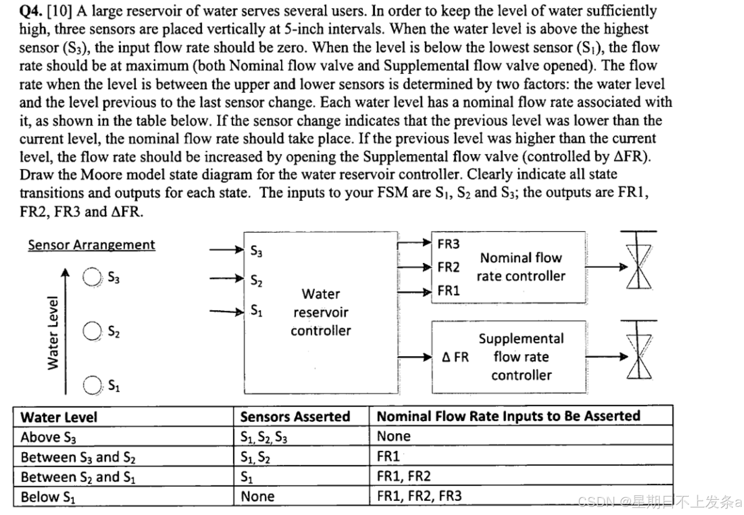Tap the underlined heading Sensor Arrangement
coord(91,245)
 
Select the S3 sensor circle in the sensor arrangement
coord(92,277)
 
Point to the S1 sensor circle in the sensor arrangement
coord(92,385)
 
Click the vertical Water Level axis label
coord(53,333)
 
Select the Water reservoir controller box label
coord(321,312)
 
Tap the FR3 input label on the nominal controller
coord(448,244)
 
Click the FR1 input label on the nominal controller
coord(448,291)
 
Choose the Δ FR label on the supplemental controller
coord(455,357)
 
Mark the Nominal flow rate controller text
coord(521,267)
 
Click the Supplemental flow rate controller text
coord(521,357)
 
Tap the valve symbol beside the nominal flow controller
coord(639,266)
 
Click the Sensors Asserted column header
coord(295,417)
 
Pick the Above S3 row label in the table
coord(48,437)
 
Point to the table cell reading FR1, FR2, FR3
coord(419,496)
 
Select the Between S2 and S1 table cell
coord(78,477)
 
